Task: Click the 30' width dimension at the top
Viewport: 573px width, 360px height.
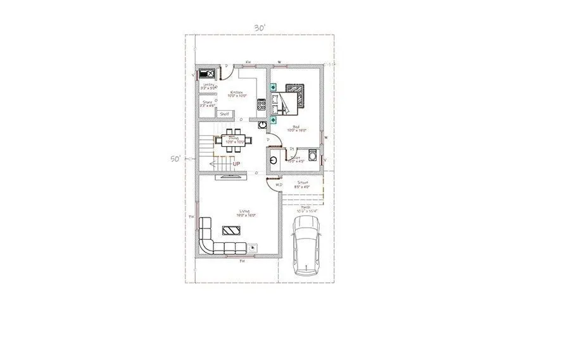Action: (259, 28)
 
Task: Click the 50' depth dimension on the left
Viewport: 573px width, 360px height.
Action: (175, 159)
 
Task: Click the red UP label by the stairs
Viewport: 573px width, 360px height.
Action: (236, 164)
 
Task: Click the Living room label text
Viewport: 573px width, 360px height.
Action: (243, 211)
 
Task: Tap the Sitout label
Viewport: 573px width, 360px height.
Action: (303, 182)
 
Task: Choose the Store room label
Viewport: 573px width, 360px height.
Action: (207, 102)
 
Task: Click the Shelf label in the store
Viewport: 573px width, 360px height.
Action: (224, 114)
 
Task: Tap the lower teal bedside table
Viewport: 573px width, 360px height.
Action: (274, 118)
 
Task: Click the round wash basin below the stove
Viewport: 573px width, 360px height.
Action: (261, 125)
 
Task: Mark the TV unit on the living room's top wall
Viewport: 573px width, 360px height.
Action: (229, 177)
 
